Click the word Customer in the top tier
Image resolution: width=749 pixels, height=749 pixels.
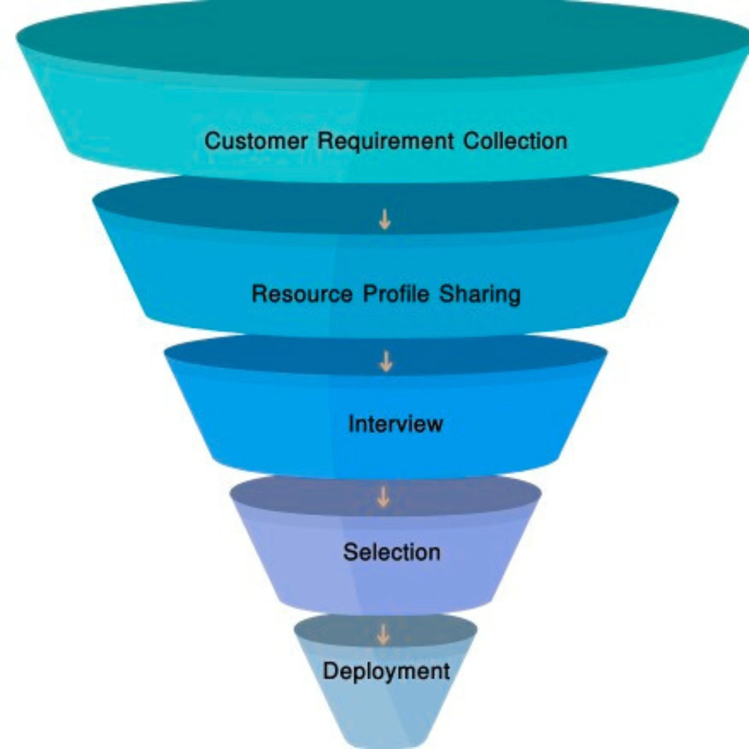pyautogui.click(x=256, y=141)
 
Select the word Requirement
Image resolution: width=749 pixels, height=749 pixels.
pyautogui.click(x=386, y=141)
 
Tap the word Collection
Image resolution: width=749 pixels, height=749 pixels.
pyautogui.click(x=515, y=141)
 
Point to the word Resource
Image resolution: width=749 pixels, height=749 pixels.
pyautogui.click(x=302, y=294)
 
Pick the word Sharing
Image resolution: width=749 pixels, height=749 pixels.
pyautogui.click(x=480, y=294)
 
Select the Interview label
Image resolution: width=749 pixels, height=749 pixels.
pyautogui.click(x=396, y=424)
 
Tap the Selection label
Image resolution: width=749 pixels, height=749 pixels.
pyautogui.click(x=392, y=552)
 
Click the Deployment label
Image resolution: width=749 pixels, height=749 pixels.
pyautogui.click(x=386, y=671)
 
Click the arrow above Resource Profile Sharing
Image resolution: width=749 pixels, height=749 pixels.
pyautogui.click(x=385, y=219)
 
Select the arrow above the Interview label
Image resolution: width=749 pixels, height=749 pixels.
pyautogui.click(x=386, y=361)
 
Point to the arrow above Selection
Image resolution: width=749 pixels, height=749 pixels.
pyautogui.click(x=384, y=497)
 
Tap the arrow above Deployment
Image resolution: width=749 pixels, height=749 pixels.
pyautogui.click(x=384, y=634)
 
